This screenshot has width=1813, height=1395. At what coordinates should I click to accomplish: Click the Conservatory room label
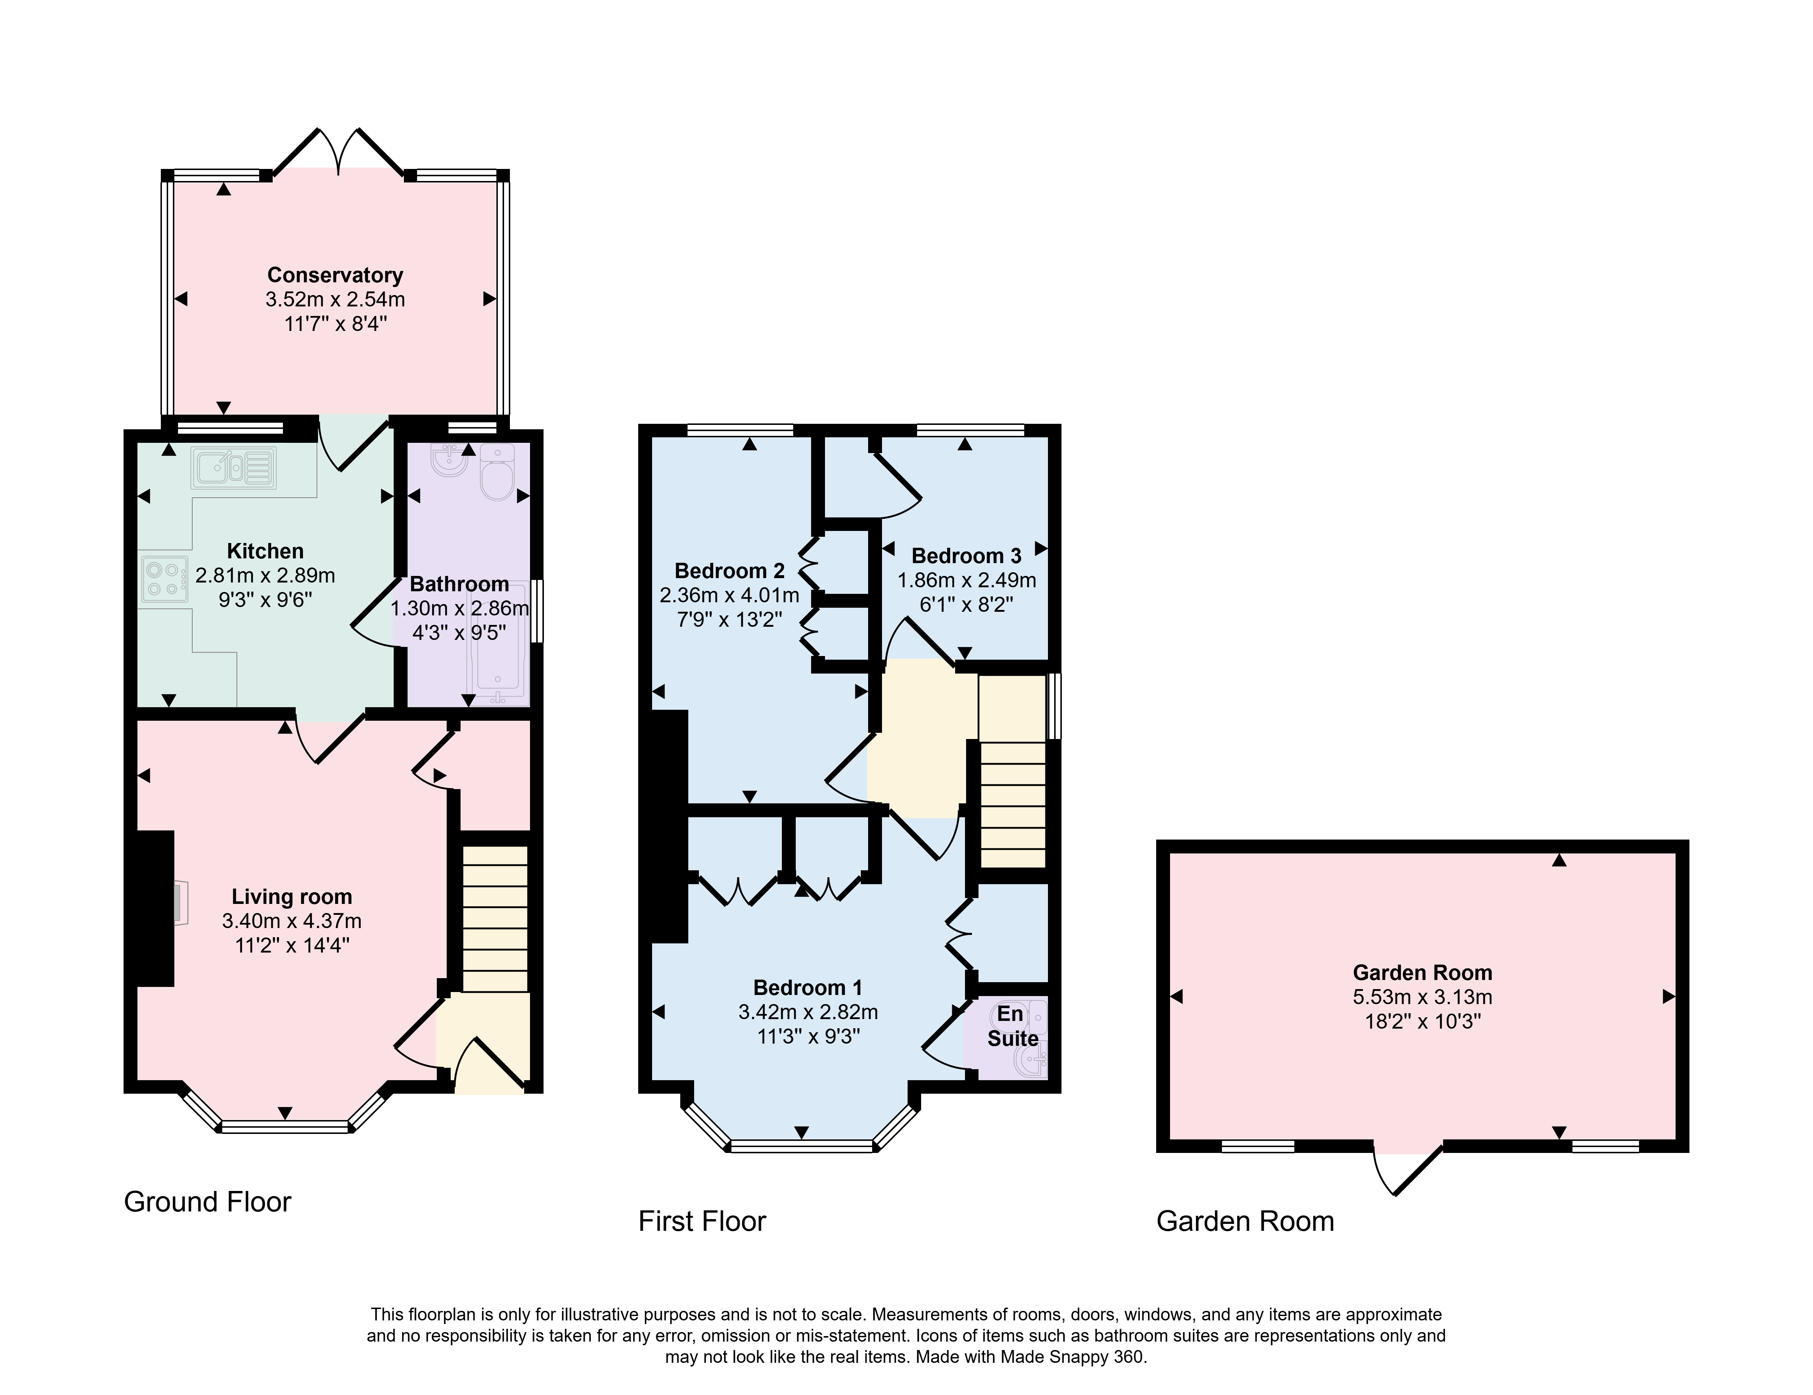336,275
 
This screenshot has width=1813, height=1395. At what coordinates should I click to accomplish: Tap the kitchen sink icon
234,468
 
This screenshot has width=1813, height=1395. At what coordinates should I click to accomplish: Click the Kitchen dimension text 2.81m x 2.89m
266,574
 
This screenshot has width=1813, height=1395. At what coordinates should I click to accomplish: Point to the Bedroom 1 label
808,987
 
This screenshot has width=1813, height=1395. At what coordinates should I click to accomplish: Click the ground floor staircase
495,919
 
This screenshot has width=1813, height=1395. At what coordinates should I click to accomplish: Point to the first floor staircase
1013,772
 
